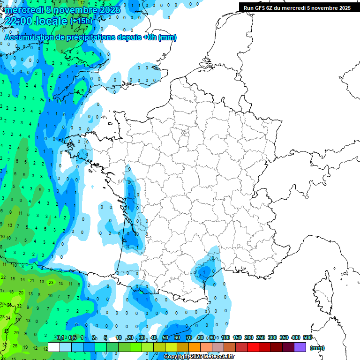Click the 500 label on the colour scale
coord(307,338)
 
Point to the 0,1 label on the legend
coord(60,338)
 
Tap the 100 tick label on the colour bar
coord(225,338)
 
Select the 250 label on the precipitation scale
coord(261,338)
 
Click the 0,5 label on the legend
coord(73,338)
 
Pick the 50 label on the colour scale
coord(165,338)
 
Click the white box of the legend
coord(54,347)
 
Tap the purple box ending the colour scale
coord(300,347)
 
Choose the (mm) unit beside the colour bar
coord(317,348)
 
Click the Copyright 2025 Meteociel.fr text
coord(199,357)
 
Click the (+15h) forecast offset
coord(81,22)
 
